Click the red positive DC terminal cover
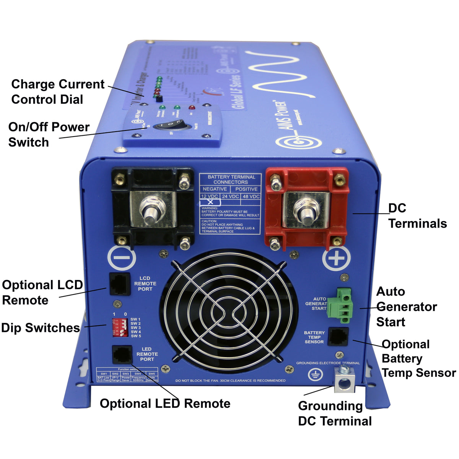(307, 208)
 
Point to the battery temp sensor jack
(338, 337)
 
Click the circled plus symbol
(336, 259)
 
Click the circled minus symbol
(122, 258)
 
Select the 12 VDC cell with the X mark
(210, 200)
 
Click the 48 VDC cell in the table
(251, 196)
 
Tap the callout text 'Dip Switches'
(41, 328)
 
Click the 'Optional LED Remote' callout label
(165, 404)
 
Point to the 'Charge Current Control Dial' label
(57, 92)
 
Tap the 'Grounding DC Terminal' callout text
(334, 413)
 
